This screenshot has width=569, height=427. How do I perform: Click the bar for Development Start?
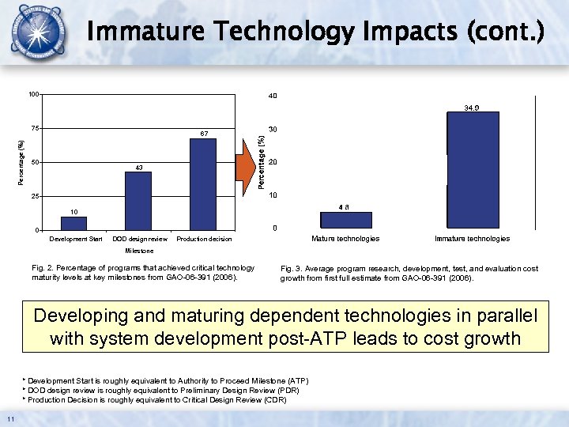73,223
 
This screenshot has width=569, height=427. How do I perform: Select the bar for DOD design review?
138,201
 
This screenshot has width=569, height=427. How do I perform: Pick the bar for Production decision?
202,184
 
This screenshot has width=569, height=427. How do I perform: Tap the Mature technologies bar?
345,221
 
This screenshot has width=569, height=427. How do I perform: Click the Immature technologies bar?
473,171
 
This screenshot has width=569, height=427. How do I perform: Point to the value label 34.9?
473,107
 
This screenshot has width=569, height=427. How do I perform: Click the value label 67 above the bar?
203,134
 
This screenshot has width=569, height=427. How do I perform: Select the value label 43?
138,167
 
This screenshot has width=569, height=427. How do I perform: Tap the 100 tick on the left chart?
33,95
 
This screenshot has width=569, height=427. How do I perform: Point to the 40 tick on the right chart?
273,96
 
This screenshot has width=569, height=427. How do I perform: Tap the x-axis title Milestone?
140,251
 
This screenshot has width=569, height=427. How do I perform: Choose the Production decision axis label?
204,239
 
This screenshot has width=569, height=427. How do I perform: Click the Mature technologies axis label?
345,239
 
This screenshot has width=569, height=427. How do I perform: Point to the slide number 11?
9,418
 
